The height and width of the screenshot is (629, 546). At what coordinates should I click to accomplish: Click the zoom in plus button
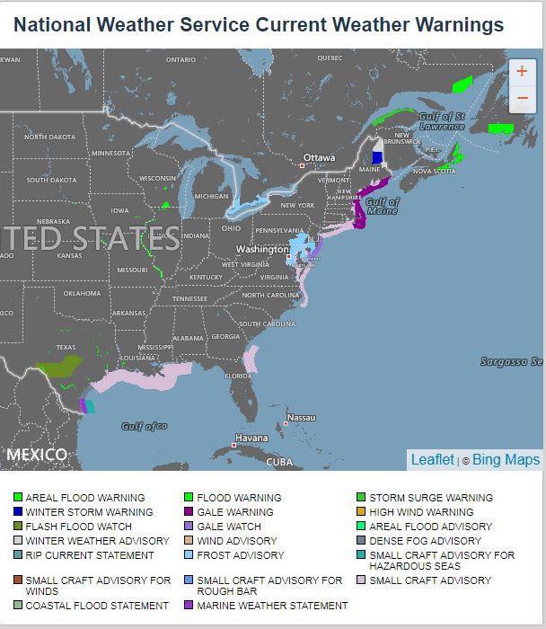tap(522, 72)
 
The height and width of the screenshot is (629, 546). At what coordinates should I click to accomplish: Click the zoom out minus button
tap(522, 98)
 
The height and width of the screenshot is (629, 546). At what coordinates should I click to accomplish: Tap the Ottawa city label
tap(319, 157)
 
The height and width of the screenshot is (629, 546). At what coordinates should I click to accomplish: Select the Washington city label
tap(262, 249)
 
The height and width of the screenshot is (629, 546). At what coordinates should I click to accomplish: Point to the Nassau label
tap(301, 418)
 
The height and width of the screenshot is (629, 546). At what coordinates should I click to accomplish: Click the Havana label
tap(251, 439)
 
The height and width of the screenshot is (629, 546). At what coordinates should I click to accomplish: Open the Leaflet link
tap(432, 459)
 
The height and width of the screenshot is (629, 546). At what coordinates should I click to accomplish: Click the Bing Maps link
tap(506, 459)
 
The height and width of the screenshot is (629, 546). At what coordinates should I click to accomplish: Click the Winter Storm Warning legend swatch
tap(18, 512)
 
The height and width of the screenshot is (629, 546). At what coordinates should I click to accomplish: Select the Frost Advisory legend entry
tap(240, 555)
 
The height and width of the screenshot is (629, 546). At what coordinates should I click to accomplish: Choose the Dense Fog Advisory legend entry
tap(425, 541)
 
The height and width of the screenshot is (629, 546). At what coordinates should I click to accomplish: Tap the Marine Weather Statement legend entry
tap(271, 606)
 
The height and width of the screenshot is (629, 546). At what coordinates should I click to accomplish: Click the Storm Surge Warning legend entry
tap(430, 498)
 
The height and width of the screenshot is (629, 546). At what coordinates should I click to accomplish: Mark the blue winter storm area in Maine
tap(377, 157)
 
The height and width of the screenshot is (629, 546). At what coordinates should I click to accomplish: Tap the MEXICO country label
tap(36, 455)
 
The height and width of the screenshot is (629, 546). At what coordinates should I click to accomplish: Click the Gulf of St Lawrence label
tap(441, 120)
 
